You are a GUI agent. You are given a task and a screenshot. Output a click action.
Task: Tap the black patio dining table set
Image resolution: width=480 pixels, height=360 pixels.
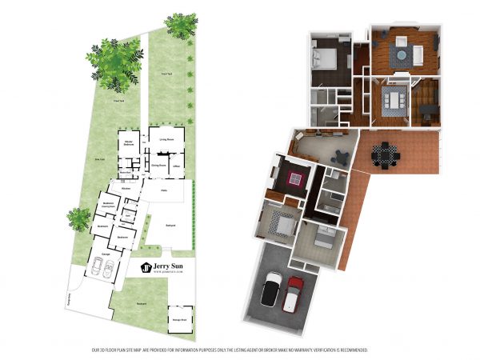point(385,153)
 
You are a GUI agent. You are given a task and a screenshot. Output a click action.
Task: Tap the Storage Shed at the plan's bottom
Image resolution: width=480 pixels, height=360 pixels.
point(179,319)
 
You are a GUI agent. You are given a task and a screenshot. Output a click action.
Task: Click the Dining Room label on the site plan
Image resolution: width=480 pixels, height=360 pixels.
point(159,165)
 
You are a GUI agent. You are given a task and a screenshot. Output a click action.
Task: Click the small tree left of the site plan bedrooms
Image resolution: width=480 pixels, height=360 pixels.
point(78,216)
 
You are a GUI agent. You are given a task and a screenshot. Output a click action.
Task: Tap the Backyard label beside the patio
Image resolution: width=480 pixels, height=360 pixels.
point(170,226)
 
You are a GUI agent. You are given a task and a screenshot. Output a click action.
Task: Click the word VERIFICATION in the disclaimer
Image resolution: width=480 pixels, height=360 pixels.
point(320,350)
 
